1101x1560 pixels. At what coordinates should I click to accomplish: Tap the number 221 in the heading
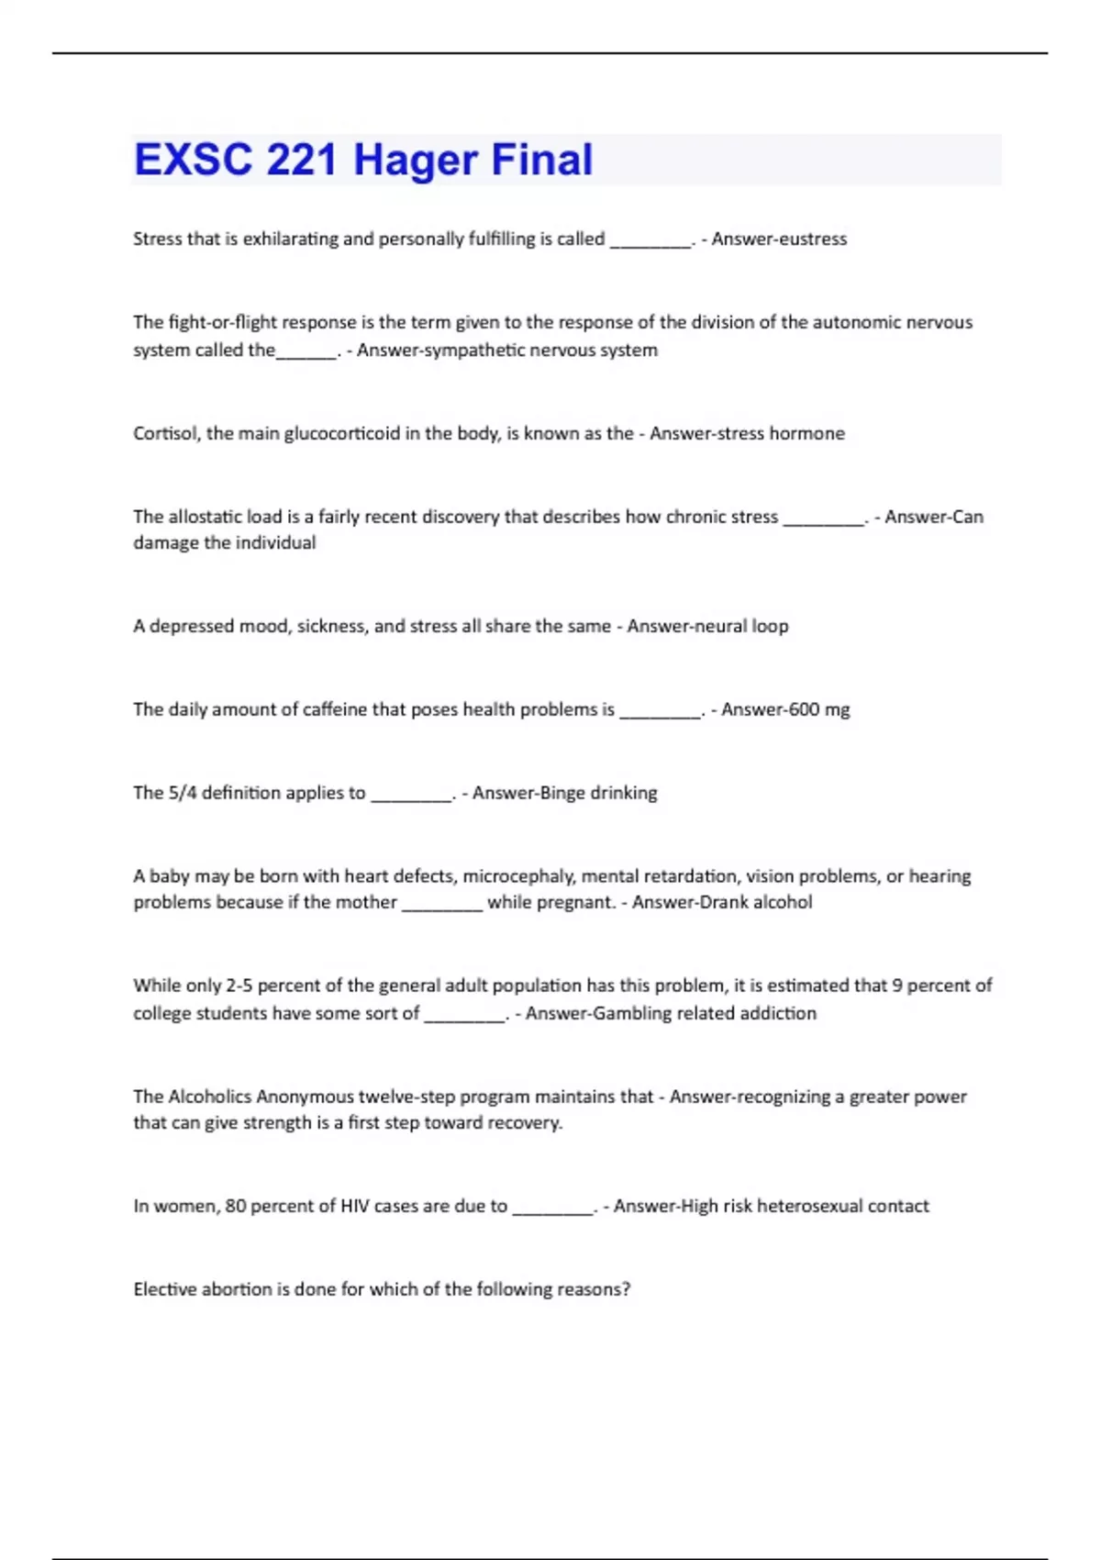(302, 160)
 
